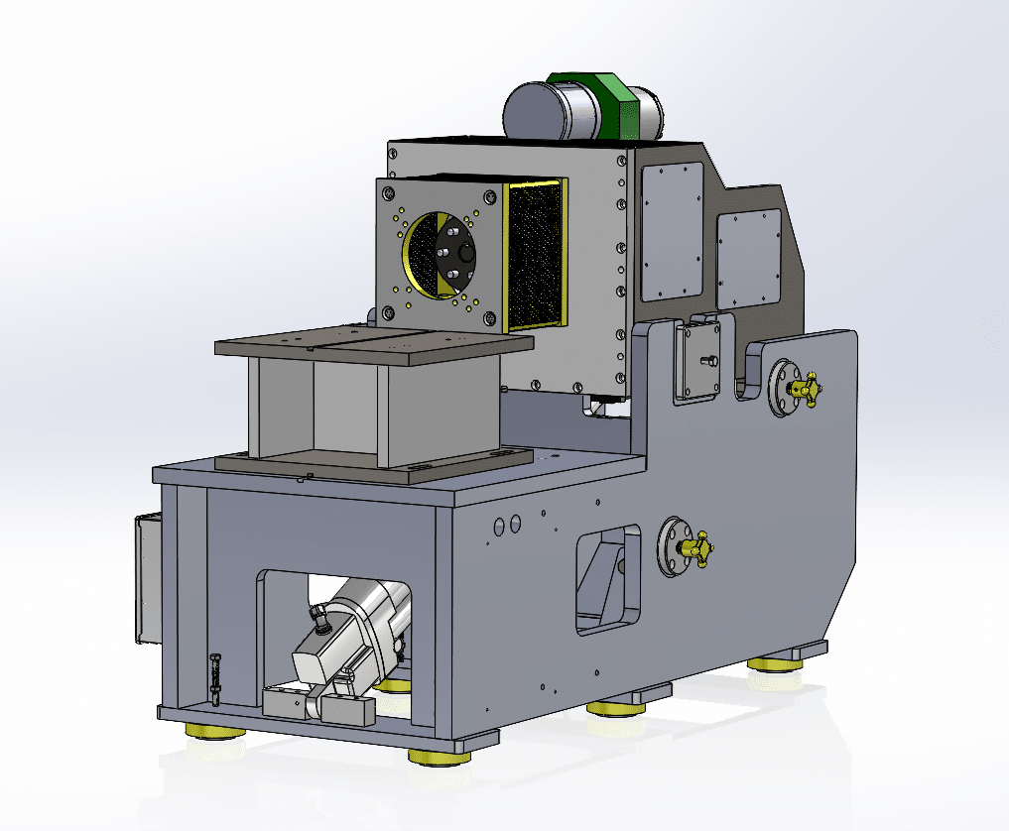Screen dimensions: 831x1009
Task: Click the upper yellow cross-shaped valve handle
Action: pos(801,390)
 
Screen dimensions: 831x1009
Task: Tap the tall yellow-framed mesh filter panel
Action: pos(536,256)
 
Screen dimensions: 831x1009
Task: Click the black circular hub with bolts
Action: pos(454,255)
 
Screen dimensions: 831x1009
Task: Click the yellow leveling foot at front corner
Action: pos(440,756)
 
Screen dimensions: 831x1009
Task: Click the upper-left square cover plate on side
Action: pos(671,231)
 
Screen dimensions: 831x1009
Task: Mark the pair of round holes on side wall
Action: pos(506,524)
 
